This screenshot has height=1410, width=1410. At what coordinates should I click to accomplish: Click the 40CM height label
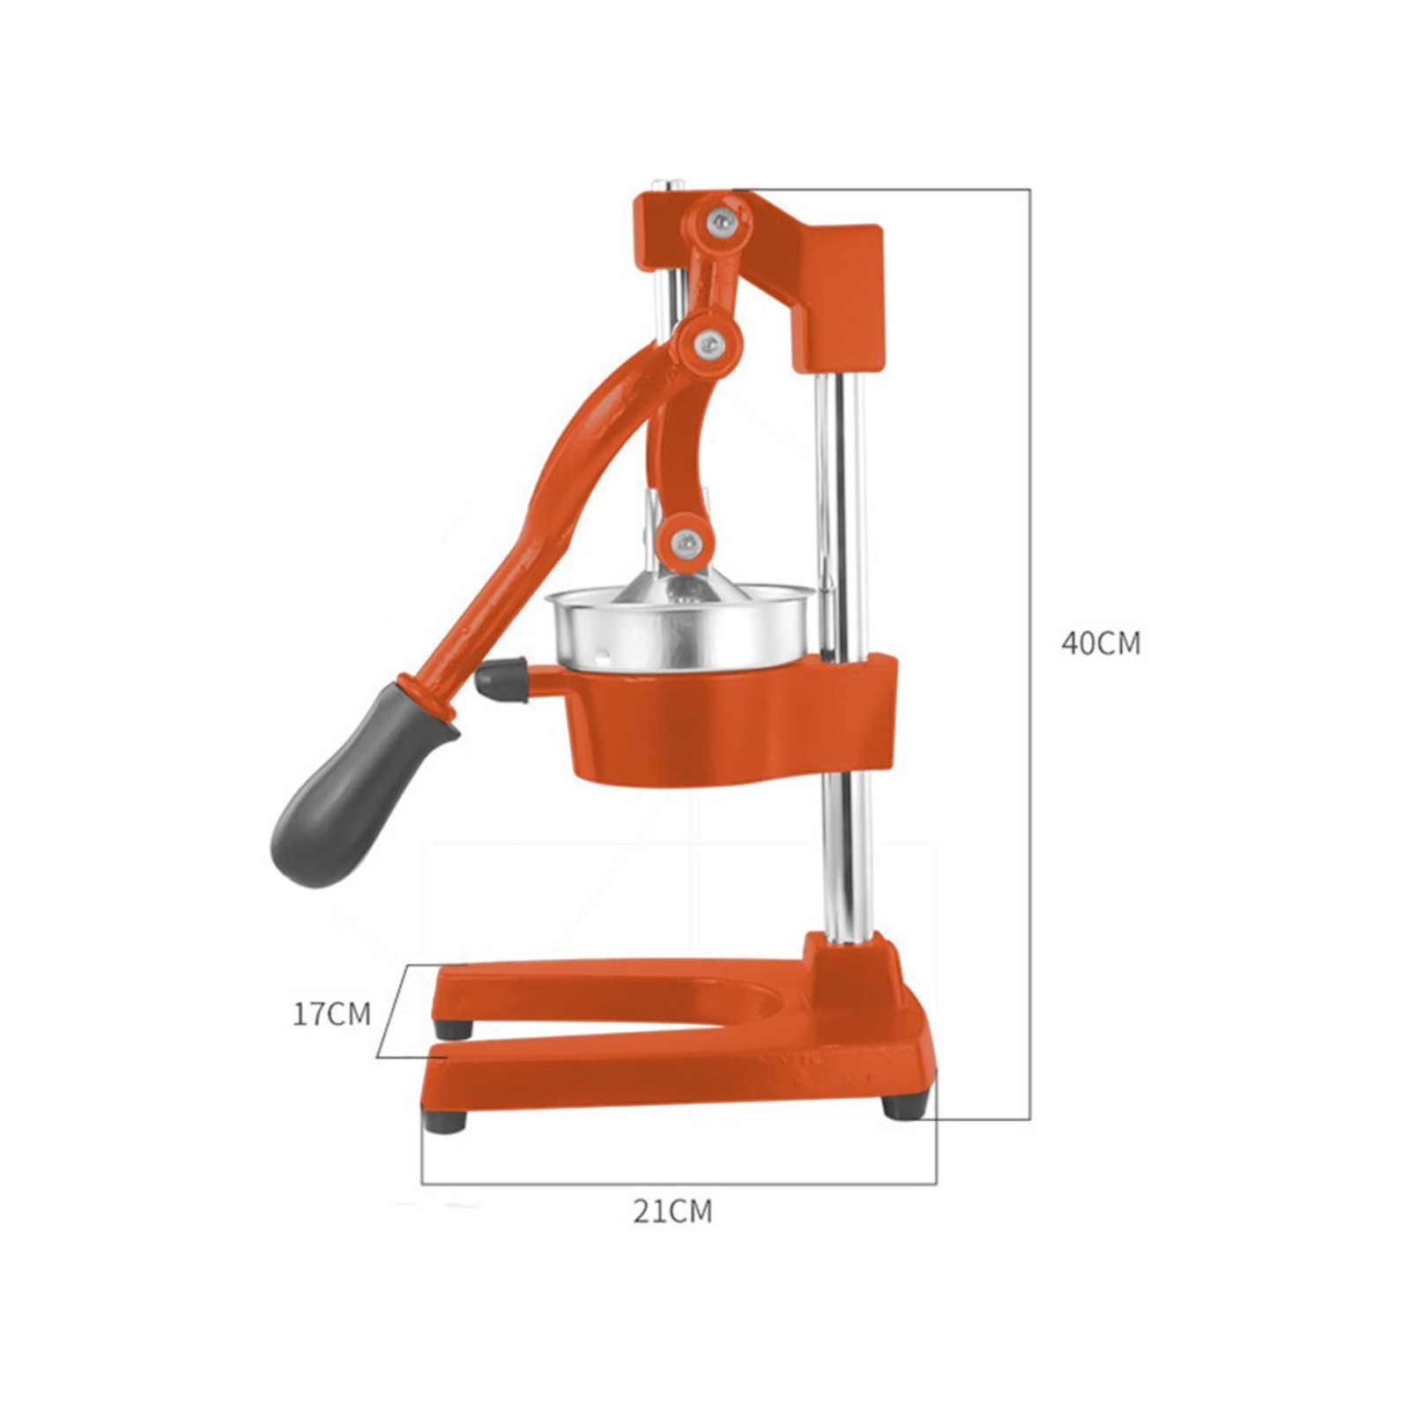tap(1101, 643)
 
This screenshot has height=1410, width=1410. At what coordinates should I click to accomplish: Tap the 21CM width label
tap(672, 1212)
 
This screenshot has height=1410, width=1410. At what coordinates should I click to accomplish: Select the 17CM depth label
tap(332, 1013)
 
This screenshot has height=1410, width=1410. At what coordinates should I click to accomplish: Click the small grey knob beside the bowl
tap(501, 680)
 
